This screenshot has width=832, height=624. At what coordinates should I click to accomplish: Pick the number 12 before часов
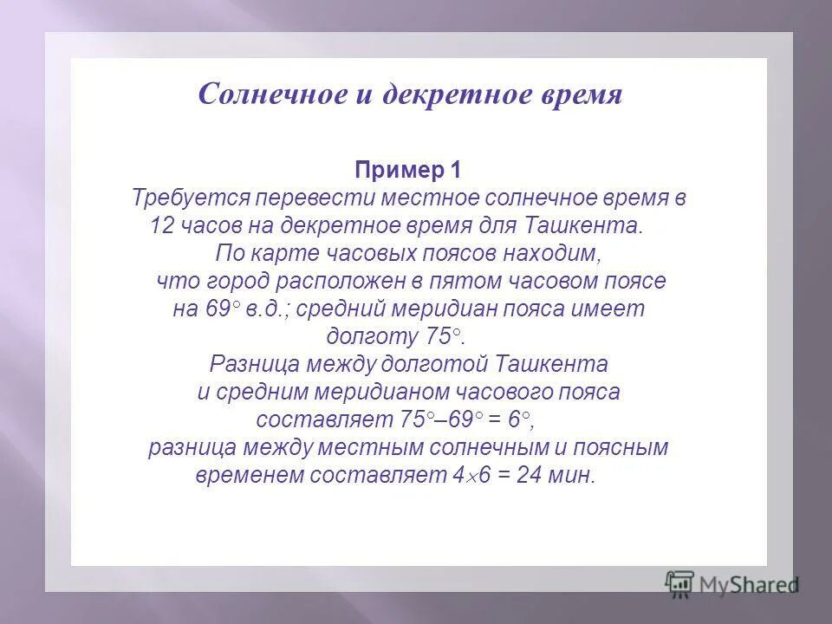coord(162,225)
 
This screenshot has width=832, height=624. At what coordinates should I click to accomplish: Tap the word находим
coord(555,254)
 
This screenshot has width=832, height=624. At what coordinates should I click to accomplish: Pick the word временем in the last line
coord(244,476)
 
